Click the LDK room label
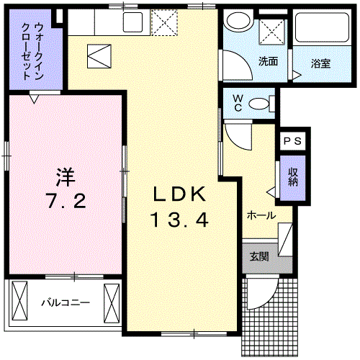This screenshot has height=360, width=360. click(x=179, y=194)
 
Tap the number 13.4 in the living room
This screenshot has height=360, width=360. click(x=179, y=219)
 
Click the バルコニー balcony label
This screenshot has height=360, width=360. click(x=64, y=301)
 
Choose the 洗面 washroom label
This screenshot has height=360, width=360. click(x=269, y=61)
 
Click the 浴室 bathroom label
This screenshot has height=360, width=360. click(x=321, y=63)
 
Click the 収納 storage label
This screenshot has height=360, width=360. click(x=294, y=177)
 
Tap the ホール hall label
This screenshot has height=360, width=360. click(x=261, y=215)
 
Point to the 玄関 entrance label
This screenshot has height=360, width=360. click(x=260, y=256)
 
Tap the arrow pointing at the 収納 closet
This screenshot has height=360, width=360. click(x=271, y=192)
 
